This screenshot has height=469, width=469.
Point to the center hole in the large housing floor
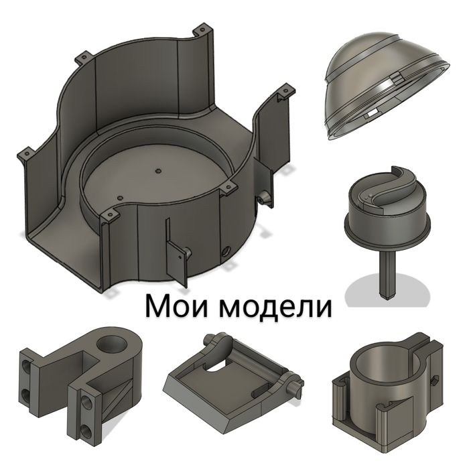tap(158, 171)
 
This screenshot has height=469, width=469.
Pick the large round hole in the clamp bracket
tap(112, 345)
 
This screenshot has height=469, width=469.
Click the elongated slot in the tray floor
tap(263, 391)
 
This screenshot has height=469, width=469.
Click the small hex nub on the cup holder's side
tap(435, 381)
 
